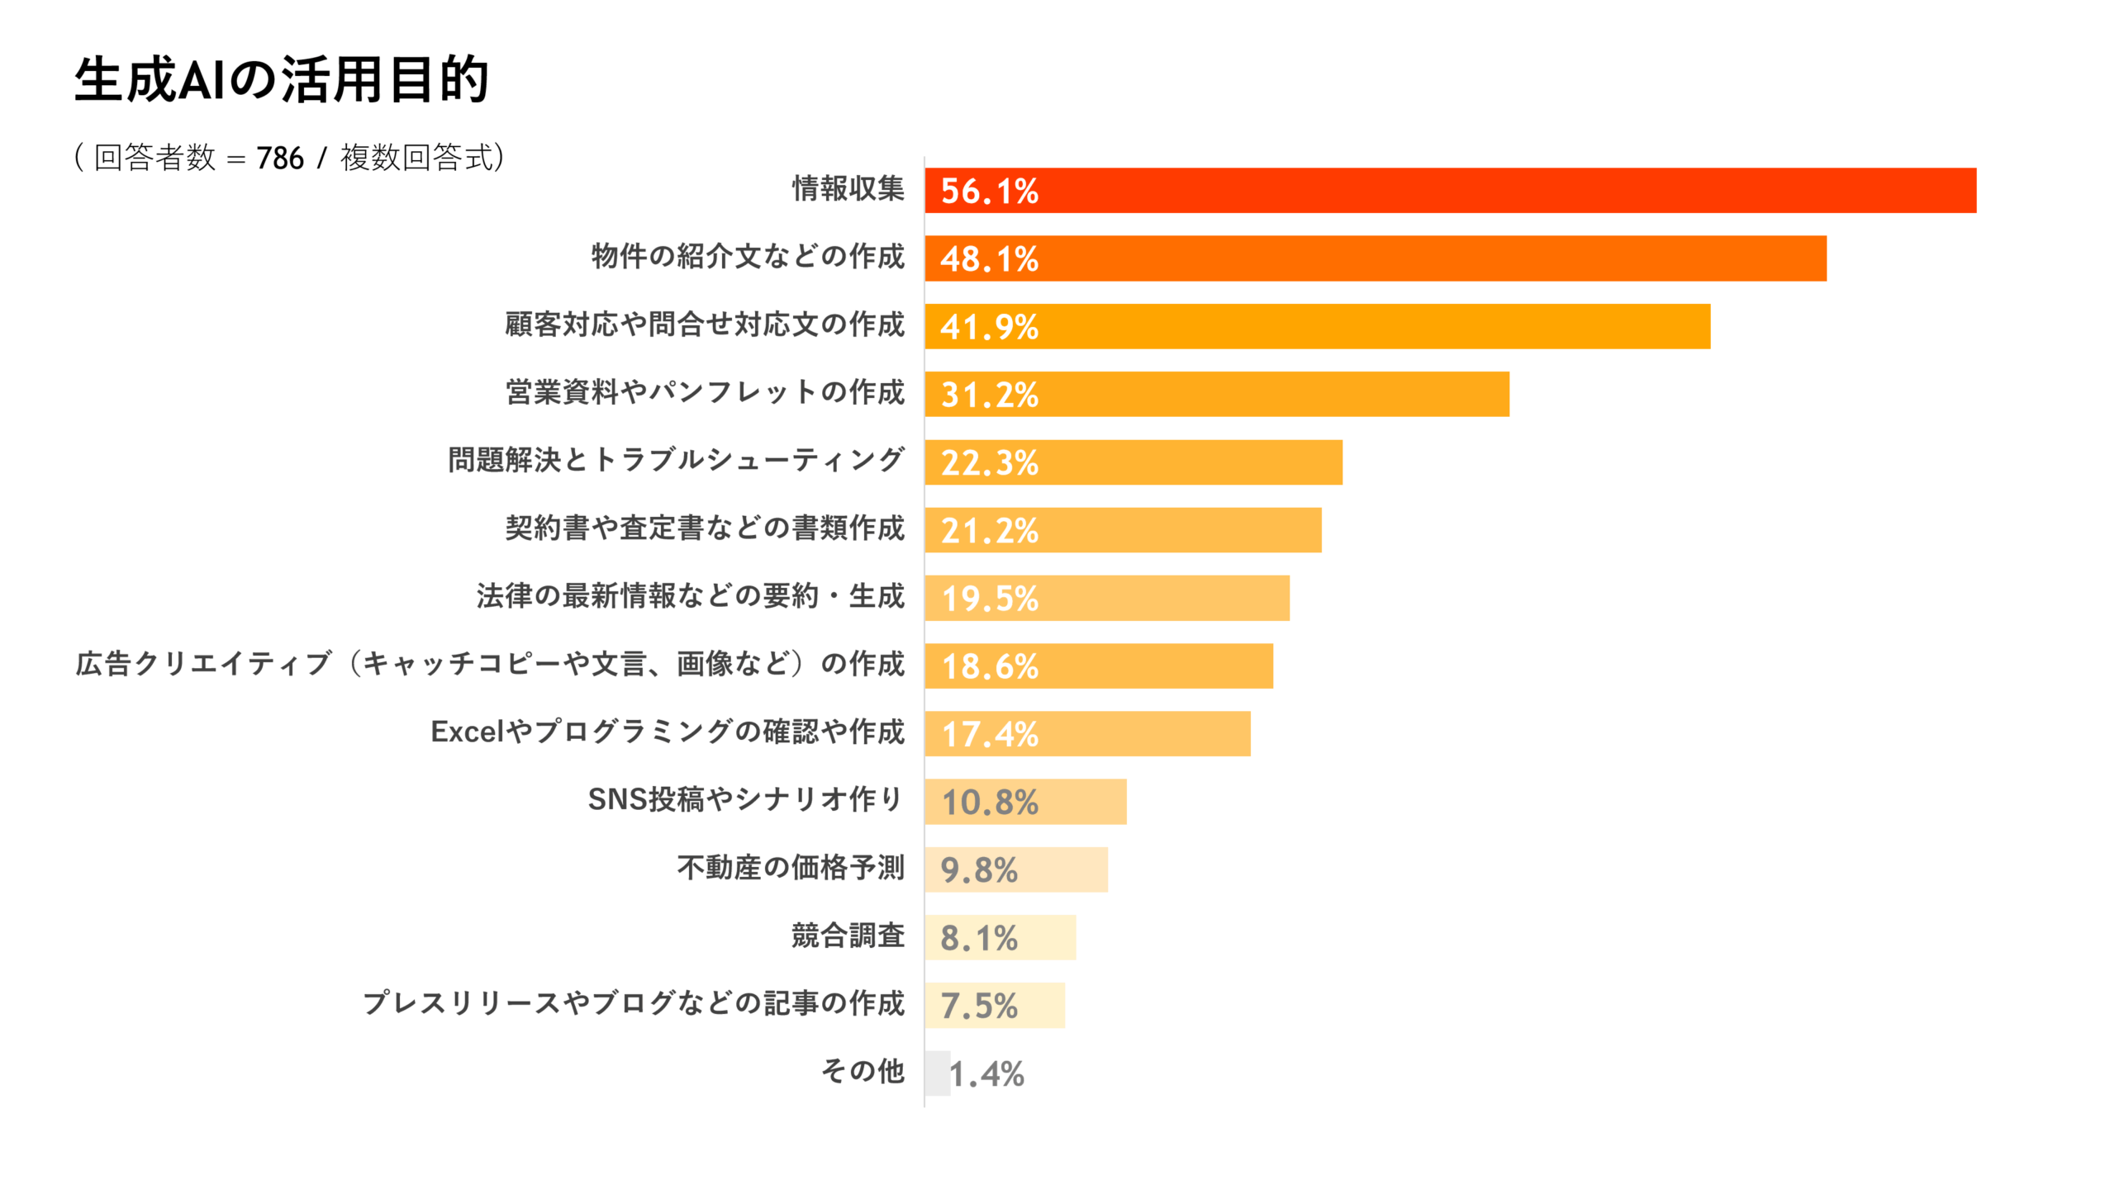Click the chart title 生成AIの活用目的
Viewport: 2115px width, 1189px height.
click(282, 80)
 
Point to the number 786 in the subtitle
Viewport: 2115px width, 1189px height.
click(280, 158)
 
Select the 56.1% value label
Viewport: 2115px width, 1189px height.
click(989, 192)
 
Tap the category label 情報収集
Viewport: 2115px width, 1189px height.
click(848, 189)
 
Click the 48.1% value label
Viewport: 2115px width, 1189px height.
click(989, 259)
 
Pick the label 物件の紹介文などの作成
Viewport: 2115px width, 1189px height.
click(748, 257)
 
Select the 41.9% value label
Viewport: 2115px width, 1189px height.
click(989, 327)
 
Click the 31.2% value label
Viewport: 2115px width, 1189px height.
click(989, 395)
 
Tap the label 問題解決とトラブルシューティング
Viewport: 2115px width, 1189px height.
click(676, 460)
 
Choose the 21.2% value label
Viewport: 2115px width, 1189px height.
click(989, 531)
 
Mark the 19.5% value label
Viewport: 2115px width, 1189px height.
click(989, 599)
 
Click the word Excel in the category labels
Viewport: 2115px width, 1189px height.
click(467, 732)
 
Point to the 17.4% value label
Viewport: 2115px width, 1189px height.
click(989, 734)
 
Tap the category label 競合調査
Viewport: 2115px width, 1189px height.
click(848, 936)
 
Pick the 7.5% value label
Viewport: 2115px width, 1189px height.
click(979, 1006)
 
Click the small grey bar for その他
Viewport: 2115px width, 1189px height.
click(937, 1073)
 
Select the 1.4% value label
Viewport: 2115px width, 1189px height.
click(986, 1074)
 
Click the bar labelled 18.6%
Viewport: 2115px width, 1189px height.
click(1157, 666)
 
